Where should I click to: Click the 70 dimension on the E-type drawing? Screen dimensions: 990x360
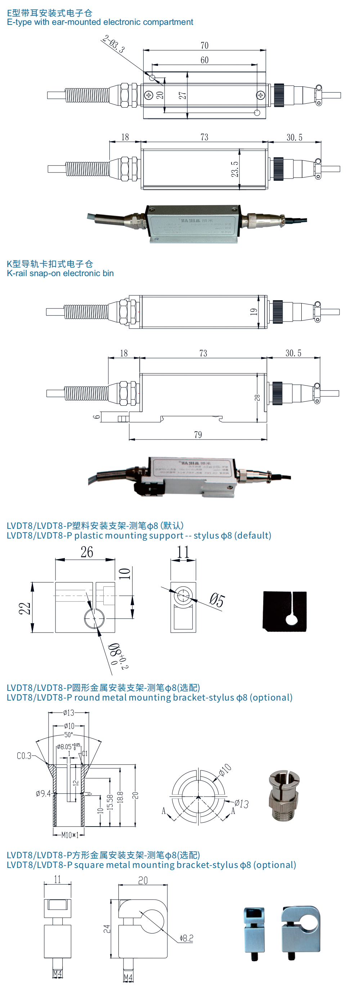pyautogui.click(x=204, y=46)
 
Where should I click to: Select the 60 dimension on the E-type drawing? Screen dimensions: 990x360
pyautogui.click(x=204, y=60)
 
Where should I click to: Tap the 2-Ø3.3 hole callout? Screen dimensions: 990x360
pyautogui.click(x=114, y=44)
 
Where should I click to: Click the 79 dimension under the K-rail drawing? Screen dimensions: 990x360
pyautogui.click(x=198, y=435)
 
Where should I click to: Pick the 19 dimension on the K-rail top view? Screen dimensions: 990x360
pyautogui.click(x=253, y=312)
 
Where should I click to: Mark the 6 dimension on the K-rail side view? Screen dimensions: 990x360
pyautogui.click(x=97, y=416)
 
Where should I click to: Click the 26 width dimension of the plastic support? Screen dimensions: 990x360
pyautogui.click(x=87, y=552)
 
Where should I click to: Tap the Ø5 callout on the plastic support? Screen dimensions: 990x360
pyautogui.click(x=217, y=600)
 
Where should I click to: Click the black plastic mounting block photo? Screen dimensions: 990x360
pyautogui.click(x=285, y=611)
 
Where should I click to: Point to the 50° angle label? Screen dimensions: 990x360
pyautogui.click(x=68, y=734)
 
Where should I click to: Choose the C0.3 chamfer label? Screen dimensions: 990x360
pyautogui.click(x=24, y=756)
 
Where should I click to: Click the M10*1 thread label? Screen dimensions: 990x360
pyautogui.click(x=70, y=835)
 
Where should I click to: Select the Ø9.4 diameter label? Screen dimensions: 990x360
pyautogui.click(x=43, y=793)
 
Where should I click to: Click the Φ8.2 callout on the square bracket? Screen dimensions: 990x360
pyautogui.click(x=186, y=938)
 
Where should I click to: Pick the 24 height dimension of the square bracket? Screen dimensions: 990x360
pyautogui.click(x=107, y=929)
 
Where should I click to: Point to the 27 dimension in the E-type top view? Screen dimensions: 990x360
pyautogui.click(x=183, y=95)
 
